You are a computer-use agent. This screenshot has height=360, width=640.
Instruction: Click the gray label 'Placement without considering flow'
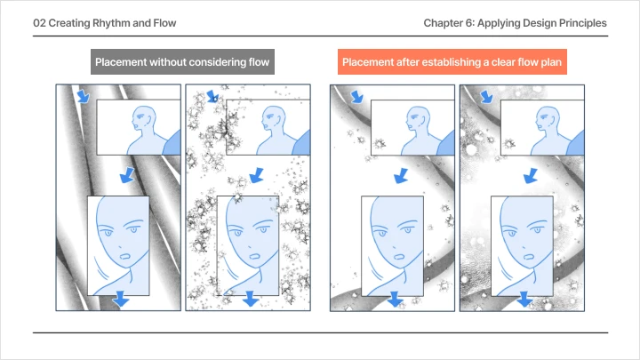pos(183,63)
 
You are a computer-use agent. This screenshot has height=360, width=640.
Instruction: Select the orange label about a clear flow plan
pos(454,63)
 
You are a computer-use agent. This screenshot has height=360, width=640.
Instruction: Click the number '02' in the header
pos(41,22)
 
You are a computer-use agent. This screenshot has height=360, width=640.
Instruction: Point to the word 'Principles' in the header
pos(581,22)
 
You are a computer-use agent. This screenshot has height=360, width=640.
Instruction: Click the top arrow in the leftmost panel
pos(82,96)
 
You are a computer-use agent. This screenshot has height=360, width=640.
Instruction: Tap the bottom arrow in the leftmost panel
pos(121,300)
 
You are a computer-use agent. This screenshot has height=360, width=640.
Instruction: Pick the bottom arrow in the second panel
pos(252,300)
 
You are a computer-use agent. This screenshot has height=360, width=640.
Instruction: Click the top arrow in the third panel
pos(356,96)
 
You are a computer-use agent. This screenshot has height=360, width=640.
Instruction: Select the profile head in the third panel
pos(415,121)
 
